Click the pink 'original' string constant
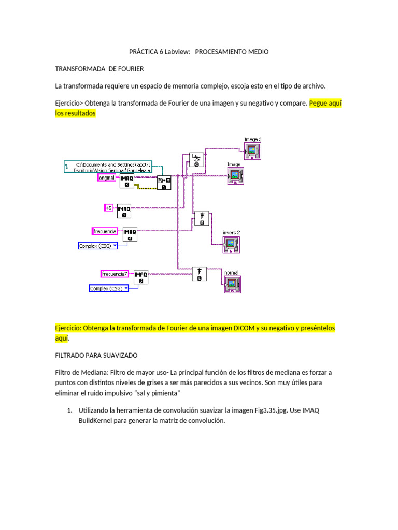coord(107,178)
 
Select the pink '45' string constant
coord(109,208)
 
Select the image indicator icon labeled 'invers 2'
coord(231,244)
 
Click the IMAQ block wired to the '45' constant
coord(124,211)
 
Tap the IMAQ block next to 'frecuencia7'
coord(141,276)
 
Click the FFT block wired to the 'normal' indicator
coord(200,274)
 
